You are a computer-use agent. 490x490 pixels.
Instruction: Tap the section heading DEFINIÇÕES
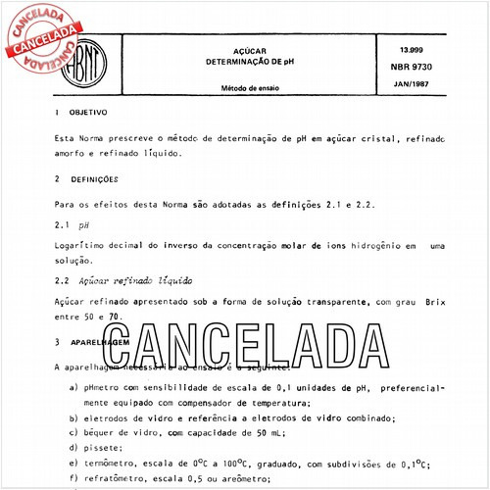101,179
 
